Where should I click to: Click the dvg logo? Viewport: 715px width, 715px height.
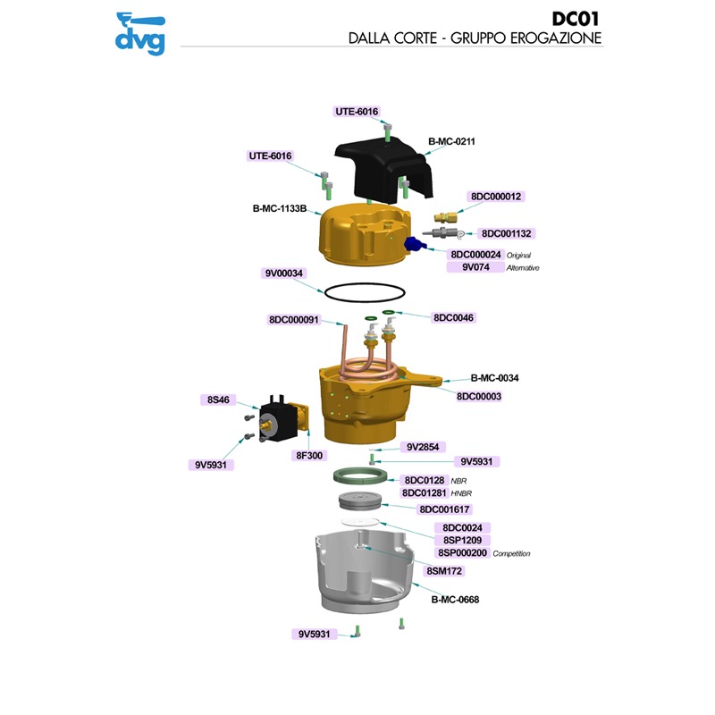click(x=140, y=34)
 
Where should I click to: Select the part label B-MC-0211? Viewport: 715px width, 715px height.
click(x=451, y=140)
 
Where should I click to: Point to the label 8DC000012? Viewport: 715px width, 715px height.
click(x=495, y=197)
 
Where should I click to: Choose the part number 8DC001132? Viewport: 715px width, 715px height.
click(x=507, y=233)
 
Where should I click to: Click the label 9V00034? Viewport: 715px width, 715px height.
click(x=284, y=273)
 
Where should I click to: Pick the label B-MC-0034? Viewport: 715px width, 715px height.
click(x=494, y=378)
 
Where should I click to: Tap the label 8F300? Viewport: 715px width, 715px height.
click(x=309, y=455)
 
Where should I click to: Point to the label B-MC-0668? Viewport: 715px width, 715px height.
click(x=455, y=600)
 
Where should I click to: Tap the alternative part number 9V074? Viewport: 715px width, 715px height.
click(x=475, y=267)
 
